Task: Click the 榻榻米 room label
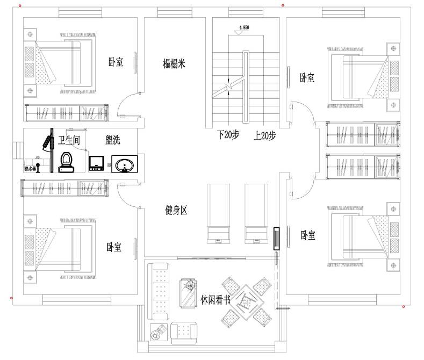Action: point(174,64)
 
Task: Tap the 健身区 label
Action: point(176,210)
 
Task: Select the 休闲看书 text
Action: point(215,299)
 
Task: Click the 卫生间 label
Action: point(69,141)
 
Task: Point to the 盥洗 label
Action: point(113,141)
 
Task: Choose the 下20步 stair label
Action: point(227,135)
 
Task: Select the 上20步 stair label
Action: point(265,135)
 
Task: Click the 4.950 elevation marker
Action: point(242,27)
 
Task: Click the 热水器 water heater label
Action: point(30,169)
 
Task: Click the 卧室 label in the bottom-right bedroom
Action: point(308,235)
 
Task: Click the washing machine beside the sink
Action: point(96,162)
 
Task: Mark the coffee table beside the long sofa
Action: point(188,293)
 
